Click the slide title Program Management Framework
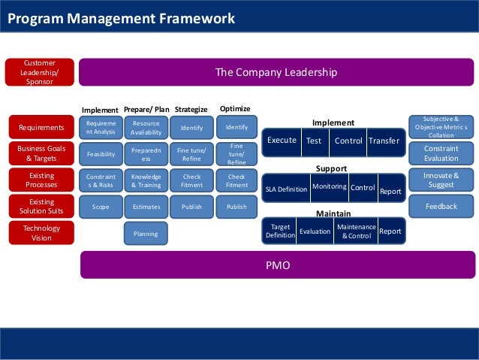pos(121,18)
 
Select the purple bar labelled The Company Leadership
pos(276,72)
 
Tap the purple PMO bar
pos(277,265)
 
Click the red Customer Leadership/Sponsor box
pos(40,72)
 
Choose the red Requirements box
pos(41,128)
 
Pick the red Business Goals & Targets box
pos(41,153)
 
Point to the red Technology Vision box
pos(41,232)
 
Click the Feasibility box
pos(101,153)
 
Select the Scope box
pos(101,206)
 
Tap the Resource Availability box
pos(146,127)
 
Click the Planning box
pos(146,233)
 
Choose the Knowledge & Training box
pos(146,180)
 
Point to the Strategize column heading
pos(191,109)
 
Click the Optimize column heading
pos(235,108)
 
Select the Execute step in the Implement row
pos(282,141)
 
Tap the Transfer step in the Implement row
pos(384,141)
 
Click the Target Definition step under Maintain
pos(279,231)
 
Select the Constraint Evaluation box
pos(441,153)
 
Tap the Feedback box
pos(441,206)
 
